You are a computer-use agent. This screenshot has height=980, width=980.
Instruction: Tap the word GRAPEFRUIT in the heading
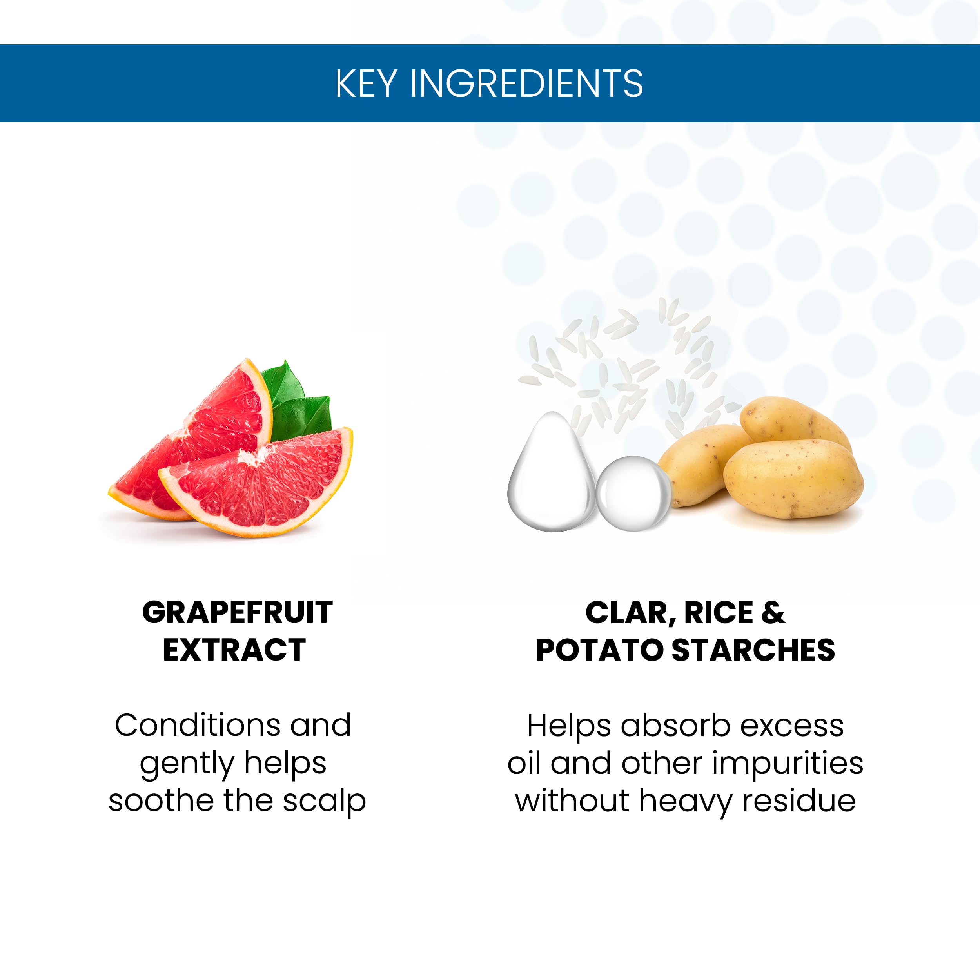tap(238, 612)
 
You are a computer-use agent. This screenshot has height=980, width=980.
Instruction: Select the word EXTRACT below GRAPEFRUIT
tap(234, 650)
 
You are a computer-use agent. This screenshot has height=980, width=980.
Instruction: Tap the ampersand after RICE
tap(773, 613)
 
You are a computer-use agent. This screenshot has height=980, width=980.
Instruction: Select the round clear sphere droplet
tap(633, 494)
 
